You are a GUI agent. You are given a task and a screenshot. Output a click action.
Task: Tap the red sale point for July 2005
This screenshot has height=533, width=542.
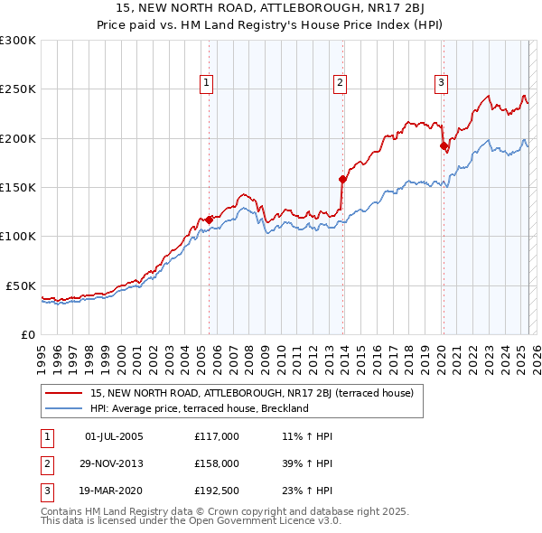(209, 220)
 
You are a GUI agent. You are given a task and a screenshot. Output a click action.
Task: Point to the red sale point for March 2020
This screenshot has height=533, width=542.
(444, 145)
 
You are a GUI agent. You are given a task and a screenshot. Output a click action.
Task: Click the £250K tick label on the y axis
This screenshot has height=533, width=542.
(17, 89)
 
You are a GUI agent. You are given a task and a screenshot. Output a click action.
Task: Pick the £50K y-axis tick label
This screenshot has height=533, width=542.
(21, 285)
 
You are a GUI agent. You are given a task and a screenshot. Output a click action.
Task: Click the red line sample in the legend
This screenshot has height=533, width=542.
(63, 393)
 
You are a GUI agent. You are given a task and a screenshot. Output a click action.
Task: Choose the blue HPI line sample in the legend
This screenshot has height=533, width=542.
(63, 408)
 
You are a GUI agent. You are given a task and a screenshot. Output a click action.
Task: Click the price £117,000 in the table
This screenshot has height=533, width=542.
(216, 436)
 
